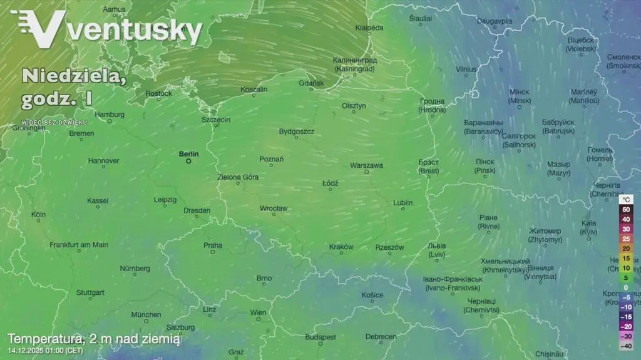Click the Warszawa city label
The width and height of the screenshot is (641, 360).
[x=367, y=165]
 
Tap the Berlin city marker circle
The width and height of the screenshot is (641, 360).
[x=188, y=161]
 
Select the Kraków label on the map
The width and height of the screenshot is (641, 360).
[x=341, y=247]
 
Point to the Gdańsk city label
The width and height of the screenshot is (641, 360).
[x=311, y=83]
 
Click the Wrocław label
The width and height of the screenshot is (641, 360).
[x=274, y=208]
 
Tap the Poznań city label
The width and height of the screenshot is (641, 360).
[x=271, y=160]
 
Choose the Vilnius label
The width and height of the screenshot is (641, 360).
[x=466, y=69]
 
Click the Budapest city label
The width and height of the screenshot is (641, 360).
[x=320, y=337]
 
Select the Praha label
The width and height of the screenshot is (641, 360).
[x=213, y=245]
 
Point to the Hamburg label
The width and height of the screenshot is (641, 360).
[x=110, y=115]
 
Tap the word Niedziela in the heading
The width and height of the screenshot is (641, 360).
[x=68, y=76]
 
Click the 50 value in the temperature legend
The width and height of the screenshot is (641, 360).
[x=625, y=209]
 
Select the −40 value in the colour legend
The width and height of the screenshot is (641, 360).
[x=625, y=346]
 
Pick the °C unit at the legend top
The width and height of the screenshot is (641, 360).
[x=627, y=199]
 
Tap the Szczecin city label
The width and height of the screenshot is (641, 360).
[x=216, y=120]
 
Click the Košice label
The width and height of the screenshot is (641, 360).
[x=372, y=295]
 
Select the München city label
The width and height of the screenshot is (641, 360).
[x=146, y=314]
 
